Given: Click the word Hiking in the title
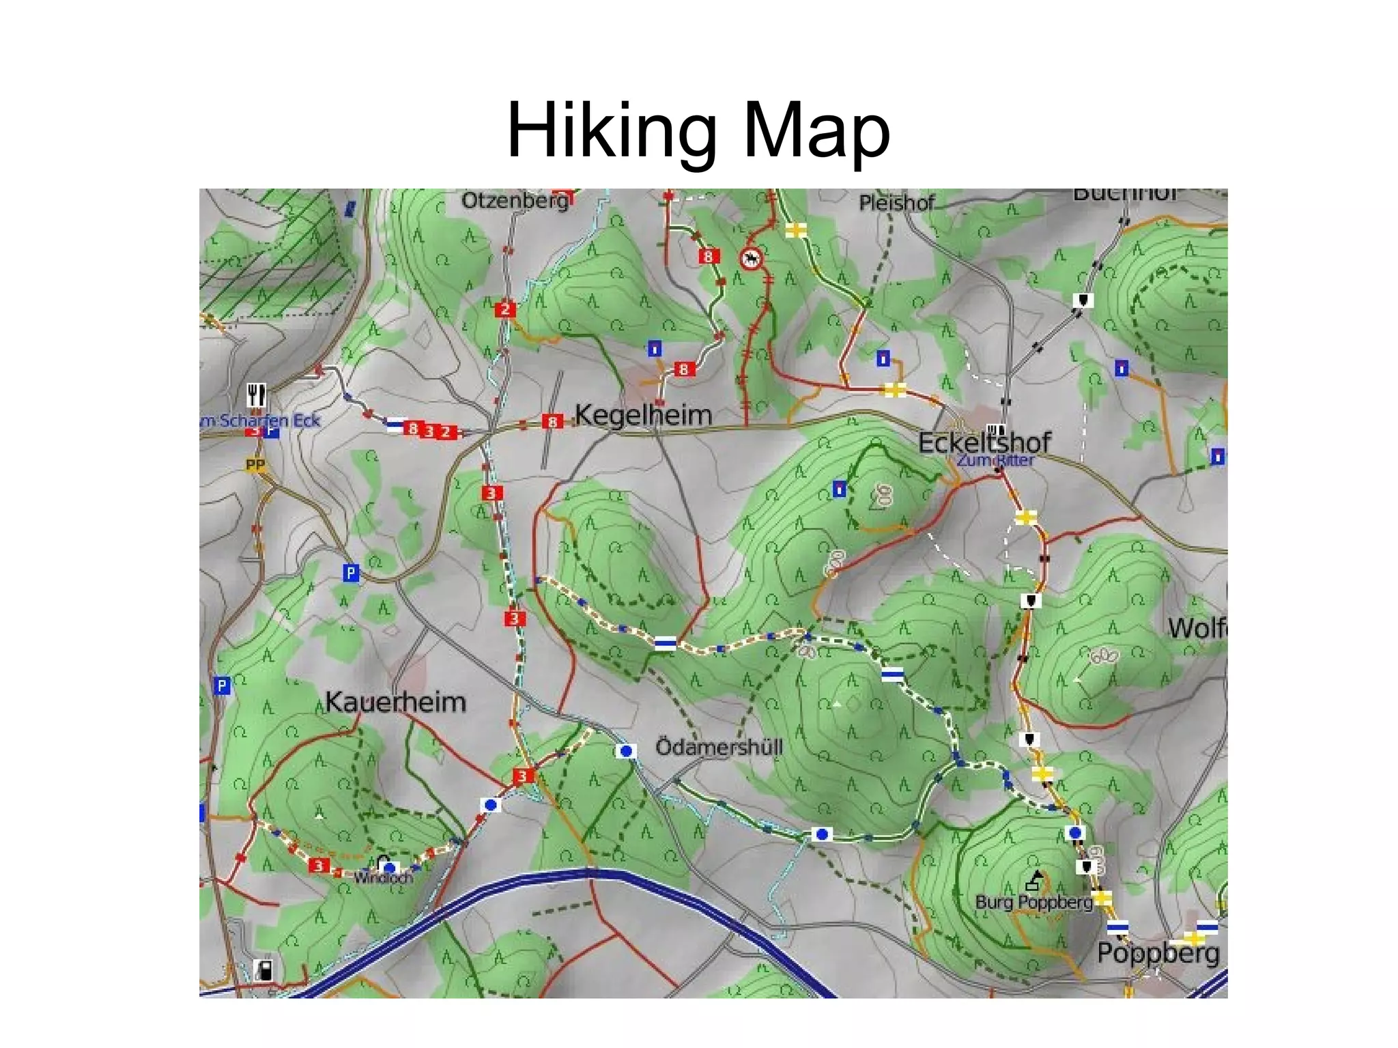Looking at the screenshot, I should pyautogui.click(x=612, y=130).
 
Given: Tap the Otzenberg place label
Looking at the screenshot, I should pyautogui.click(x=515, y=201).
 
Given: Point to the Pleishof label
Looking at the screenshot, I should pyautogui.click(x=896, y=203).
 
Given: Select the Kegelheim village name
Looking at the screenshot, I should pyautogui.click(x=643, y=414).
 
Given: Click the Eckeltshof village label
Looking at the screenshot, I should pyautogui.click(x=984, y=442).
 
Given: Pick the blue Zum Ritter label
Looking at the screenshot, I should pyautogui.click(x=995, y=460).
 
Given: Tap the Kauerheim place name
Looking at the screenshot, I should pyautogui.click(x=395, y=702).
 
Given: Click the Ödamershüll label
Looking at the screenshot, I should pyautogui.click(x=719, y=747).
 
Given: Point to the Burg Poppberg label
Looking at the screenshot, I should pyautogui.click(x=1033, y=902).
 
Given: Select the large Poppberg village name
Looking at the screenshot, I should pyautogui.click(x=1158, y=953).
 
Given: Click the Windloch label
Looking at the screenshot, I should pyautogui.click(x=383, y=878).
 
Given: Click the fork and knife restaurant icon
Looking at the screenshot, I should pyautogui.click(x=256, y=394).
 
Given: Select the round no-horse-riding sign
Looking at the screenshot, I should pyautogui.click(x=752, y=258).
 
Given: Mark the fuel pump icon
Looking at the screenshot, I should pyautogui.click(x=263, y=969).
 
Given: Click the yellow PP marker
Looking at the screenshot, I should pyautogui.click(x=255, y=465).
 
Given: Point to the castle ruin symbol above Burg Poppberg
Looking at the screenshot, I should pyautogui.click(x=1035, y=881).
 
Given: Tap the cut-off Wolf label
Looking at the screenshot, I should pyautogui.click(x=1197, y=628).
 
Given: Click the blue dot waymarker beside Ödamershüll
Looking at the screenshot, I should pyautogui.click(x=625, y=751).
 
